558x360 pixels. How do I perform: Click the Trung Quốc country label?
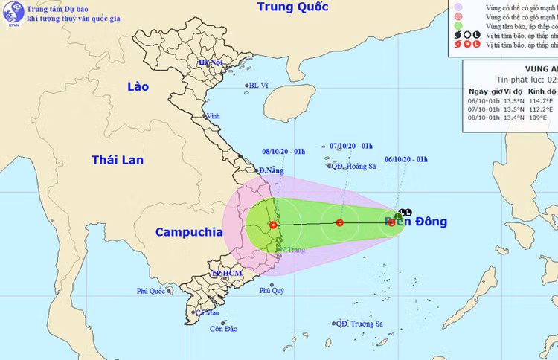point(292,8)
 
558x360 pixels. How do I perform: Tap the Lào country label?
point(138,87)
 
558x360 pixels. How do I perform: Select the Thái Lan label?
point(119,160)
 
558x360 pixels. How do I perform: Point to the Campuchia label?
point(188,233)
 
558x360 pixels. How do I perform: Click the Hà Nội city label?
point(211,62)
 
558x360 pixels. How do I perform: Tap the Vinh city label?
point(214,116)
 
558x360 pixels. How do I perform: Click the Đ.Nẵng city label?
point(270,171)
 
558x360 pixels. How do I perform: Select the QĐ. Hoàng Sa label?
point(353,167)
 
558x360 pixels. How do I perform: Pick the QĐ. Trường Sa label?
point(359,324)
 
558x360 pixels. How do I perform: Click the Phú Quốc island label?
point(153,291)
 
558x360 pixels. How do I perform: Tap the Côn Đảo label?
point(222,328)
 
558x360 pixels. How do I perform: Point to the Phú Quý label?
point(272,291)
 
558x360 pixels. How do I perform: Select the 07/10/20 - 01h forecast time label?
point(350,146)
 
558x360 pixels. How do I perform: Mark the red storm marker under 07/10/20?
point(340,222)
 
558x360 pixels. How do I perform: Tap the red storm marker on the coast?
point(273,225)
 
